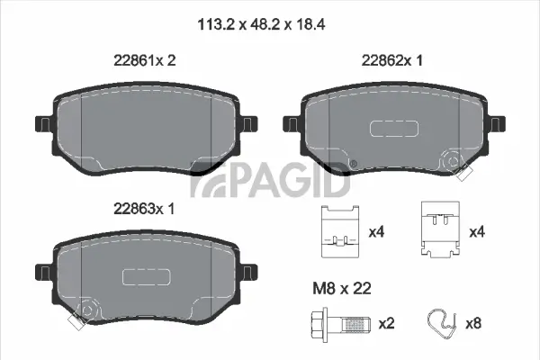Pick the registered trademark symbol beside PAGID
[353, 163]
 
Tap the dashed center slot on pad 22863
[140, 275]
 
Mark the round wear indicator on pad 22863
[85, 312]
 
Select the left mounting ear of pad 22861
[42, 123]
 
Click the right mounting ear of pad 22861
[249, 123]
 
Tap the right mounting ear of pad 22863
[249, 271]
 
